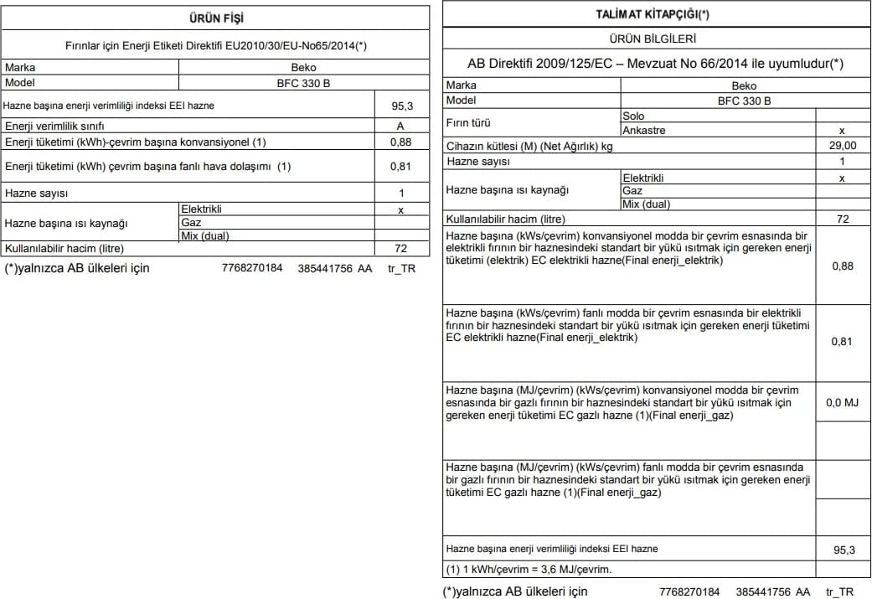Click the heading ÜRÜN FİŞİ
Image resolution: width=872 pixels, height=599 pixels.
[x=217, y=18]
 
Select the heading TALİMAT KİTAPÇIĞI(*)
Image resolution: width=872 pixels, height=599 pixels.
[x=653, y=14]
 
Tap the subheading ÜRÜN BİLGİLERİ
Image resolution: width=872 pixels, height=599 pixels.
[x=653, y=39]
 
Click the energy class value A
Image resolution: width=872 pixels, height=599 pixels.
[x=400, y=126]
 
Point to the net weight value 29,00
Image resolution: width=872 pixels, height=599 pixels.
[x=842, y=146]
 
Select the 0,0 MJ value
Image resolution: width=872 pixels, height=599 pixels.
[x=842, y=403]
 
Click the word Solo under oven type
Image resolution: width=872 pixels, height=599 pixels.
[x=634, y=116]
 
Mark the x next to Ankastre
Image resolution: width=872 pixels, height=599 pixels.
[x=842, y=131]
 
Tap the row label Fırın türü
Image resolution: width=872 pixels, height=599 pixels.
[x=468, y=123]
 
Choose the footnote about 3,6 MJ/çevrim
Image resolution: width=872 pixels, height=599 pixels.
[x=529, y=570]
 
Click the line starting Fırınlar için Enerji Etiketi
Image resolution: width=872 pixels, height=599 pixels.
[x=216, y=46]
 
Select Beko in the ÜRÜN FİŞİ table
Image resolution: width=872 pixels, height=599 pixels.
[x=304, y=68]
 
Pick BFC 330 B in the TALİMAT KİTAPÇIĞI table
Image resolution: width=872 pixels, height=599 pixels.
[x=744, y=101]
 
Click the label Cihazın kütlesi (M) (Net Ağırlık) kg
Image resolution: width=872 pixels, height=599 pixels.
[x=529, y=146]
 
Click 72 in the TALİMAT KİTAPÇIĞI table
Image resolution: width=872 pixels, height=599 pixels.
[x=843, y=219]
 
